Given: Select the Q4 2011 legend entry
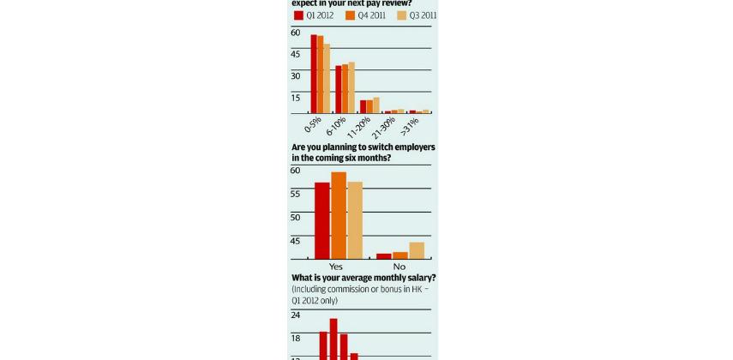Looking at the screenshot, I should click(366, 15).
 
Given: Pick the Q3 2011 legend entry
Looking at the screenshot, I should click(418, 15).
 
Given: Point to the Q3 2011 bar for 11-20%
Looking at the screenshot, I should click(376, 105).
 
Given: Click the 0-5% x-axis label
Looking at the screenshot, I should click(313, 126).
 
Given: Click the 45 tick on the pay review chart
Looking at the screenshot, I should click(296, 54).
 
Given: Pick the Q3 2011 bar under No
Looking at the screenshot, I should click(417, 250).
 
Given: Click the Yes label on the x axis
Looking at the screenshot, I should click(336, 267).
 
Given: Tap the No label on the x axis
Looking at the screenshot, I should click(399, 267).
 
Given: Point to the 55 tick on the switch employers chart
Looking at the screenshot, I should click(296, 194).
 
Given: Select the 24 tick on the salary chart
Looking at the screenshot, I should click(296, 315).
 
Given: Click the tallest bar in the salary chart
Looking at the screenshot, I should click(333, 339).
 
